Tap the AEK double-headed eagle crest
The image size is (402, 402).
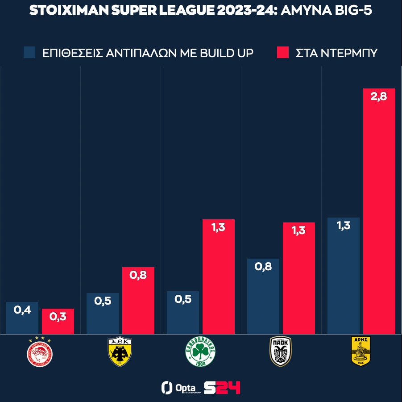pos(120,352)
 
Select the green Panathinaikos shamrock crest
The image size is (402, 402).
pos(201,352)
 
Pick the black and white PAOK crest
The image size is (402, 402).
pos(281,352)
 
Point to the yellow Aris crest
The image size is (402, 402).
pos(361,352)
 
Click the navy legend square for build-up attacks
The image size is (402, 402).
pos(30,52)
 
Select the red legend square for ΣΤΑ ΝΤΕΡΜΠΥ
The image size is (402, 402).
pos(283,52)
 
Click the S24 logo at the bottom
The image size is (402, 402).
pos(222,387)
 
